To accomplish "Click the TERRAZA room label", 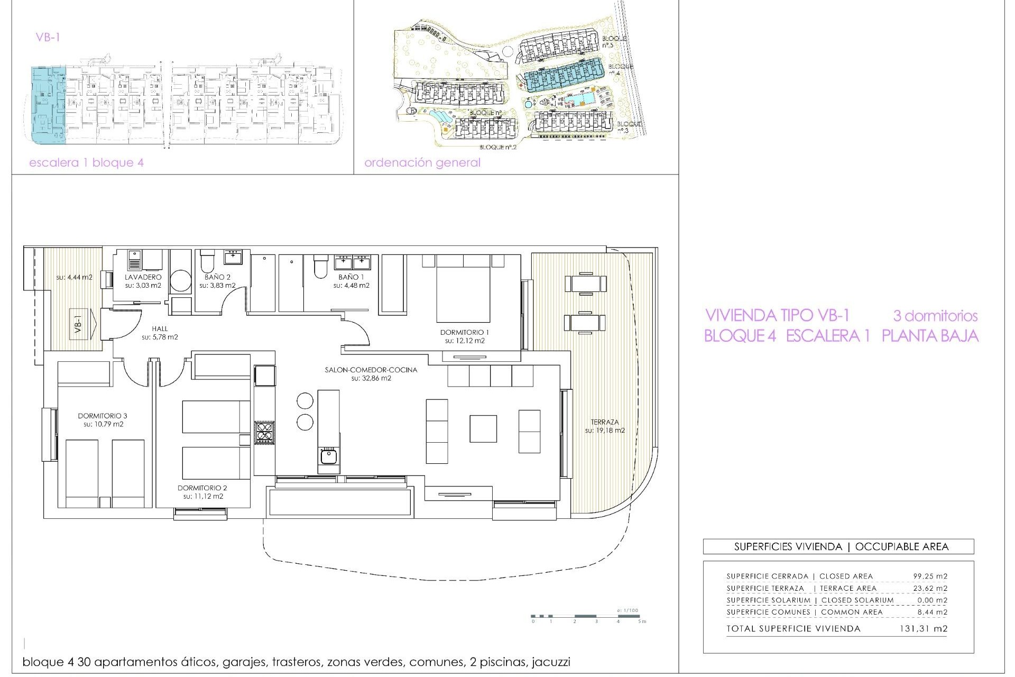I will pos(605,422).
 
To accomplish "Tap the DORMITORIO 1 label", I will pos(465,332).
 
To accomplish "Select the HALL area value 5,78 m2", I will pos(160,337).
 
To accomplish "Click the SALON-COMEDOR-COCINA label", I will pos(371,370).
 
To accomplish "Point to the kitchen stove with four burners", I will pos(264,432).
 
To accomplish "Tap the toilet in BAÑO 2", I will pos(207,261).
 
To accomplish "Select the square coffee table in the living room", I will pos(483,428).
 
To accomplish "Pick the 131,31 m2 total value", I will pos(923,629).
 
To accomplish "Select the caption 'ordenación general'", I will pos(422,163).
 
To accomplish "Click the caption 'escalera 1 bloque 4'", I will pos(86,163).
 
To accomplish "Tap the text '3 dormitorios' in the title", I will pos(935,316).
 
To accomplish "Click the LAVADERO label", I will pos(143,277).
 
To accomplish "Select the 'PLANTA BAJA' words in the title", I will pos(930,336).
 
